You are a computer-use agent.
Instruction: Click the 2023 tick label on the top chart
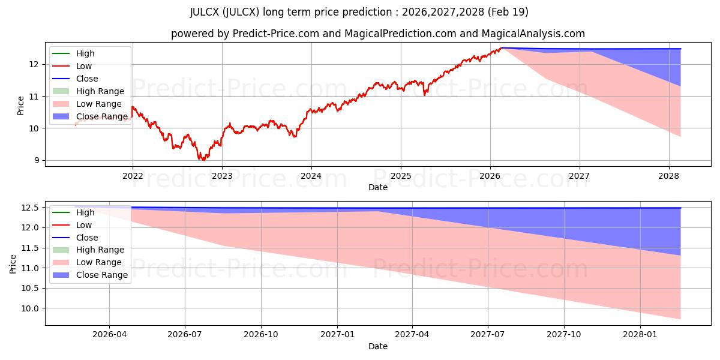(x=222, y=176)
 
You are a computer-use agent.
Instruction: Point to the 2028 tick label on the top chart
(x=669, y=176)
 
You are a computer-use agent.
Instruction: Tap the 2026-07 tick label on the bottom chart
(x=185, y=335)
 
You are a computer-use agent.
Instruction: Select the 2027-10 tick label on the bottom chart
(x=564, y=335)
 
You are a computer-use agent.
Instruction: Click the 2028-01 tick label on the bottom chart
(x=640, y=335)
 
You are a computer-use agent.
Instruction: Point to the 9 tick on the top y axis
(x=37, y=160)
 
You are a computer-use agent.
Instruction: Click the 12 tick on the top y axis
(x=34, y=65)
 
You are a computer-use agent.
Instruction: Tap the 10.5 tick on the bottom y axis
(x=30, y=289)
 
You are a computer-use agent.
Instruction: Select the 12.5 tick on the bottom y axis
(x=30, y=208)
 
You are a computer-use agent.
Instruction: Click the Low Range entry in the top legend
(x=87, y=104)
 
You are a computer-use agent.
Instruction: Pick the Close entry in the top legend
(x=75, y=79)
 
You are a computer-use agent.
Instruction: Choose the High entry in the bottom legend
(x=74, y=212)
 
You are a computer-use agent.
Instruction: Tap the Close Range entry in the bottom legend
(x=90, y=275)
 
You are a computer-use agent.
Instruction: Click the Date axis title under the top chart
(x=378, y=187)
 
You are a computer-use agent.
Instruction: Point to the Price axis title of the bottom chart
(x=13, y=264)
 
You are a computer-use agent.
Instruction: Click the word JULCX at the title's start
(x=205, y=12)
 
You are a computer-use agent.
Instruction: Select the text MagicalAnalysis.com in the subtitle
(x=533, y=34)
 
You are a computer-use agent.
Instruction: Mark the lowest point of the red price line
(x=203, y=160)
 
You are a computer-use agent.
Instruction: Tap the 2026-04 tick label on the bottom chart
(x=109, y=335)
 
